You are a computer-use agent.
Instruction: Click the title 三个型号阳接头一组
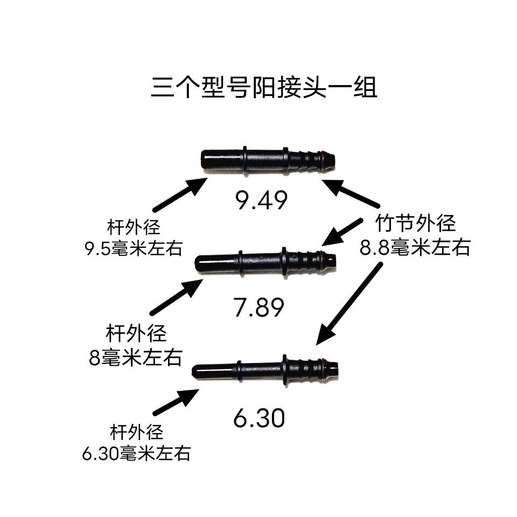[264, 87]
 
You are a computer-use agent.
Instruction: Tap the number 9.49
[262, 200]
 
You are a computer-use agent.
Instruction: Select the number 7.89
[259, 307]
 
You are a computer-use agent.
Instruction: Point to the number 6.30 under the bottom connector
[259, 418]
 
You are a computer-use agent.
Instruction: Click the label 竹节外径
[415, 223]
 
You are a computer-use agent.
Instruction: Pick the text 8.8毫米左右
[415, 247]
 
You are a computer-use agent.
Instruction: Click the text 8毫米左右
[136, 357]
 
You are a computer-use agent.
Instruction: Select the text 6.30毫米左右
[136, 453]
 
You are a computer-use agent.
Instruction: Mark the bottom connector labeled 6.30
[265, 371]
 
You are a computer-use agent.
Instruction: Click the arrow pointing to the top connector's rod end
[180, 194]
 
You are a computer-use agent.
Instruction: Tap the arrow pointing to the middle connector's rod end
[177, 297]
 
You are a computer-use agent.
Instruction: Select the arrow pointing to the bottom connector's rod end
[176, 402]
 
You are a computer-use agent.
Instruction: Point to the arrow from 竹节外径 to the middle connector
[342, 232]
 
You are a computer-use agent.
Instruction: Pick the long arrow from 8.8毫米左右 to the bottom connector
[349, 304]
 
